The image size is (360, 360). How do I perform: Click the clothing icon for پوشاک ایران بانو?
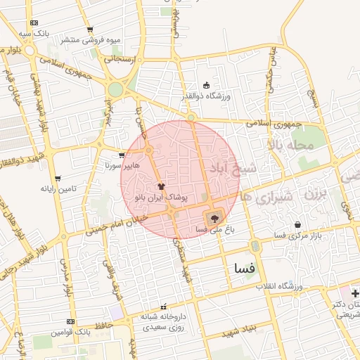click(162, 187)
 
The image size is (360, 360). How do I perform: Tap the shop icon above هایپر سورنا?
click(122, 155)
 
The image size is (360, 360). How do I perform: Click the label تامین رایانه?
click(58, 188)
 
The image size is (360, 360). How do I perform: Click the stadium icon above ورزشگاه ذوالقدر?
click(206, 85)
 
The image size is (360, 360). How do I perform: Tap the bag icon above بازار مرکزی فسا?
click(298, 224)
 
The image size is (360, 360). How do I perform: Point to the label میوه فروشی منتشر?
click(90, 40)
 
